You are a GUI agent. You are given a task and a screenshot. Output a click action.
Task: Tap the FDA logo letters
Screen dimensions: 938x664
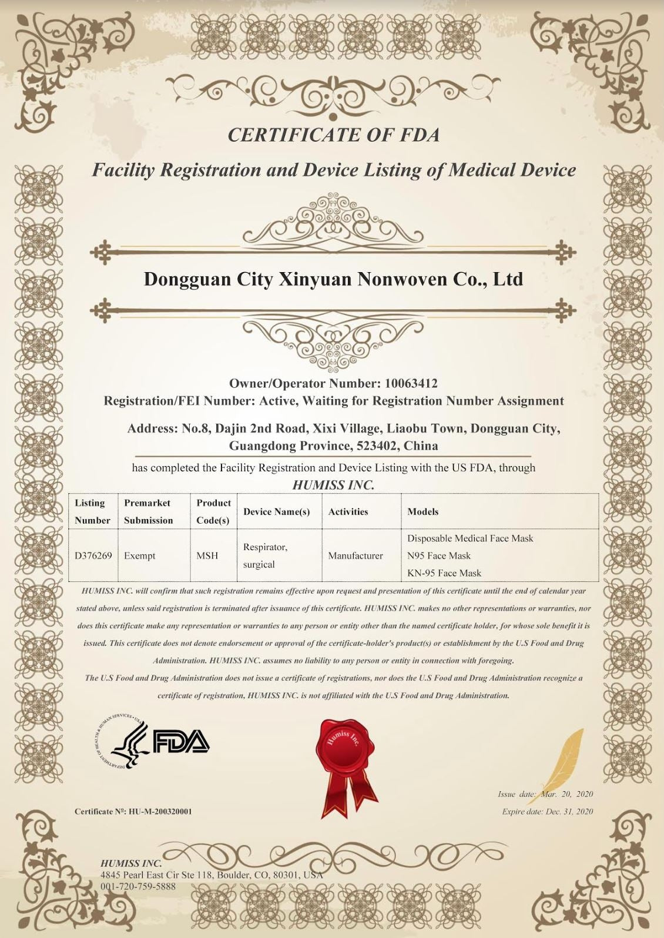coord(181,741)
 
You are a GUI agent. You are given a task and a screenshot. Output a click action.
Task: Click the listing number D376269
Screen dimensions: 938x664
coord(93,555)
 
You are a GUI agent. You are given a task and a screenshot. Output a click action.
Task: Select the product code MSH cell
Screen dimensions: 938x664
coord(207,555)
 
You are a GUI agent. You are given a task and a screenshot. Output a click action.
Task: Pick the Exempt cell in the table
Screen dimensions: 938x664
coord(140,555)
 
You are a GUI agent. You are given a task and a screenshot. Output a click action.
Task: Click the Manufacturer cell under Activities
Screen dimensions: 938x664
coord(356,555)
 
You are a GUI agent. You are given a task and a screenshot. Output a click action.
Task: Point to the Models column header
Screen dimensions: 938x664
coord(423,511)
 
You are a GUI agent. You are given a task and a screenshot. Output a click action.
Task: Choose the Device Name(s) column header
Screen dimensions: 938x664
coord(276,511)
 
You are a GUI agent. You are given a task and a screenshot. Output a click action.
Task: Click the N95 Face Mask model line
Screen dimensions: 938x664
coord(439,555)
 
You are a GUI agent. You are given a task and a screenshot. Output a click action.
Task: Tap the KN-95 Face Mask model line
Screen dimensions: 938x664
coord(444,573)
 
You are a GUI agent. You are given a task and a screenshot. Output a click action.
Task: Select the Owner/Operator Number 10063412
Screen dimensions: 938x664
coord(411,384)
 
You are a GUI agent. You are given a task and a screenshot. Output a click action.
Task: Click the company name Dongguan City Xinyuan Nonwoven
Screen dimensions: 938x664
coord(333,279)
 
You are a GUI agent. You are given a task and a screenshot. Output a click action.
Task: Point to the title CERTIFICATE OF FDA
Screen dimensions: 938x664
coord(333,135)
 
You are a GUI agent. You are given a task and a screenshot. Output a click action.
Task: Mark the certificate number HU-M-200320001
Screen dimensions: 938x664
coord(160,812)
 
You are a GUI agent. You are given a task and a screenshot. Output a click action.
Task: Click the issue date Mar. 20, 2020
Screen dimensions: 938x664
coord(567,794)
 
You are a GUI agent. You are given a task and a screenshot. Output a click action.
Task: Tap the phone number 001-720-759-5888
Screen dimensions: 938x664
coord(138,886)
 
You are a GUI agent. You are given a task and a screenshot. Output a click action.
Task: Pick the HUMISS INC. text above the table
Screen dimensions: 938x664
coord(333,485)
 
